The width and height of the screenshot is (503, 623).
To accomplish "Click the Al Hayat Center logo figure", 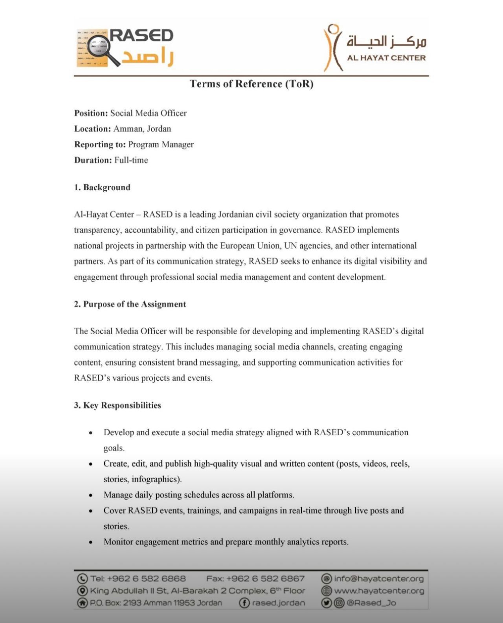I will pyautogui.click(x=333, y=48).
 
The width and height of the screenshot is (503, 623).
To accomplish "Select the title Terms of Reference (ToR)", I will pyautogui.click(x=251, y=84).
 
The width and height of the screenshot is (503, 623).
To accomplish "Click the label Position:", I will pyautogui.click(x=91, y=113).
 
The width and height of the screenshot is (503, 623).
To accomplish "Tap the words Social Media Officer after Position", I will pyautogui.click(x=148, y=113).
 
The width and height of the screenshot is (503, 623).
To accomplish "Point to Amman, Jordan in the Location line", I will pyautogui.click(x=142, y=129).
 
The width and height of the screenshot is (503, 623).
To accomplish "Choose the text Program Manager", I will pyautogui.click(x=161, y=145).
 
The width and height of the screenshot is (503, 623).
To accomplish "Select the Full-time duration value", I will pyautogui.click(x=131, y=160).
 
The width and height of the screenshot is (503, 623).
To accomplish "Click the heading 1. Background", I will pyautogui.click(x=102, y=187).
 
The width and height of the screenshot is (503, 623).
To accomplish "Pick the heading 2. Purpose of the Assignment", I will pyautogui.click(x=130, y=304).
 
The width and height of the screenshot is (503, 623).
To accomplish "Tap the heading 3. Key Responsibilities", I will pyautogui.click(x=117, y=405).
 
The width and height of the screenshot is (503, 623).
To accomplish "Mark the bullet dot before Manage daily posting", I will pyautogui.click(x=91, y=495).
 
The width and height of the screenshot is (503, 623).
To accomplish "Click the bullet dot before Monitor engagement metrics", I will pyautogui.click(x=91, y=542).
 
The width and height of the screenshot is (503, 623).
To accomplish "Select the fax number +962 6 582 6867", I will pyautogui.click(x=265, y=579).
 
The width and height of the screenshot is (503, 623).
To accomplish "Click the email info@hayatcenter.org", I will pyautogui.click(x=379, y=579).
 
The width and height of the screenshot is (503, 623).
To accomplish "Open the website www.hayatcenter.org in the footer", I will pyautogui.click(x=379, y=591).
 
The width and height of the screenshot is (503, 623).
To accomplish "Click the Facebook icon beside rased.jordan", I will pyautogui.click(x=244, y=603).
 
